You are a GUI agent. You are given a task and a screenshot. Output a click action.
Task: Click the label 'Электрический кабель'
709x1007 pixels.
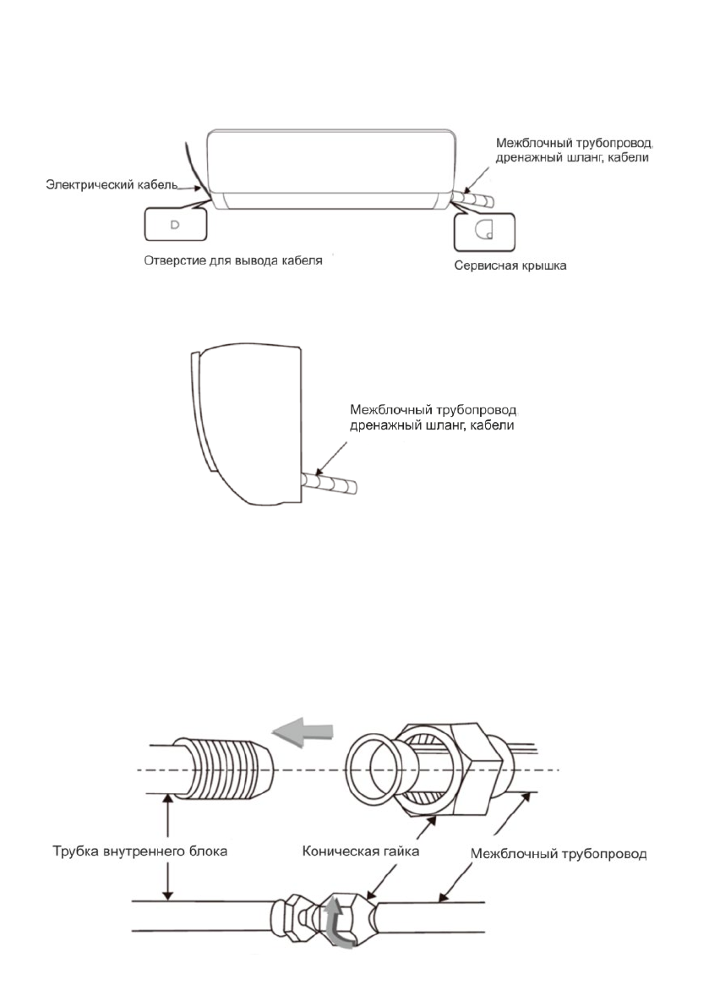pyautogui.click(x=111, y=183)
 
